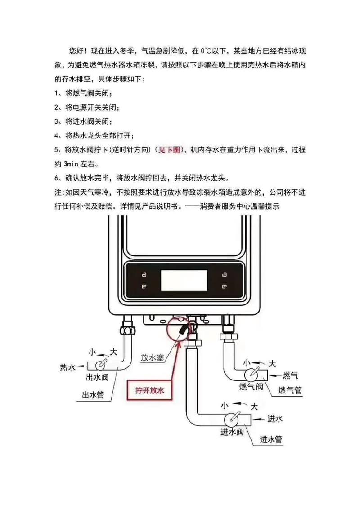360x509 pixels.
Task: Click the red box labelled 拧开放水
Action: pyautogui.click(x=151, y=391)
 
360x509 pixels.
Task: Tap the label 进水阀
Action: pyautogui.click(x=232, y=432)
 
